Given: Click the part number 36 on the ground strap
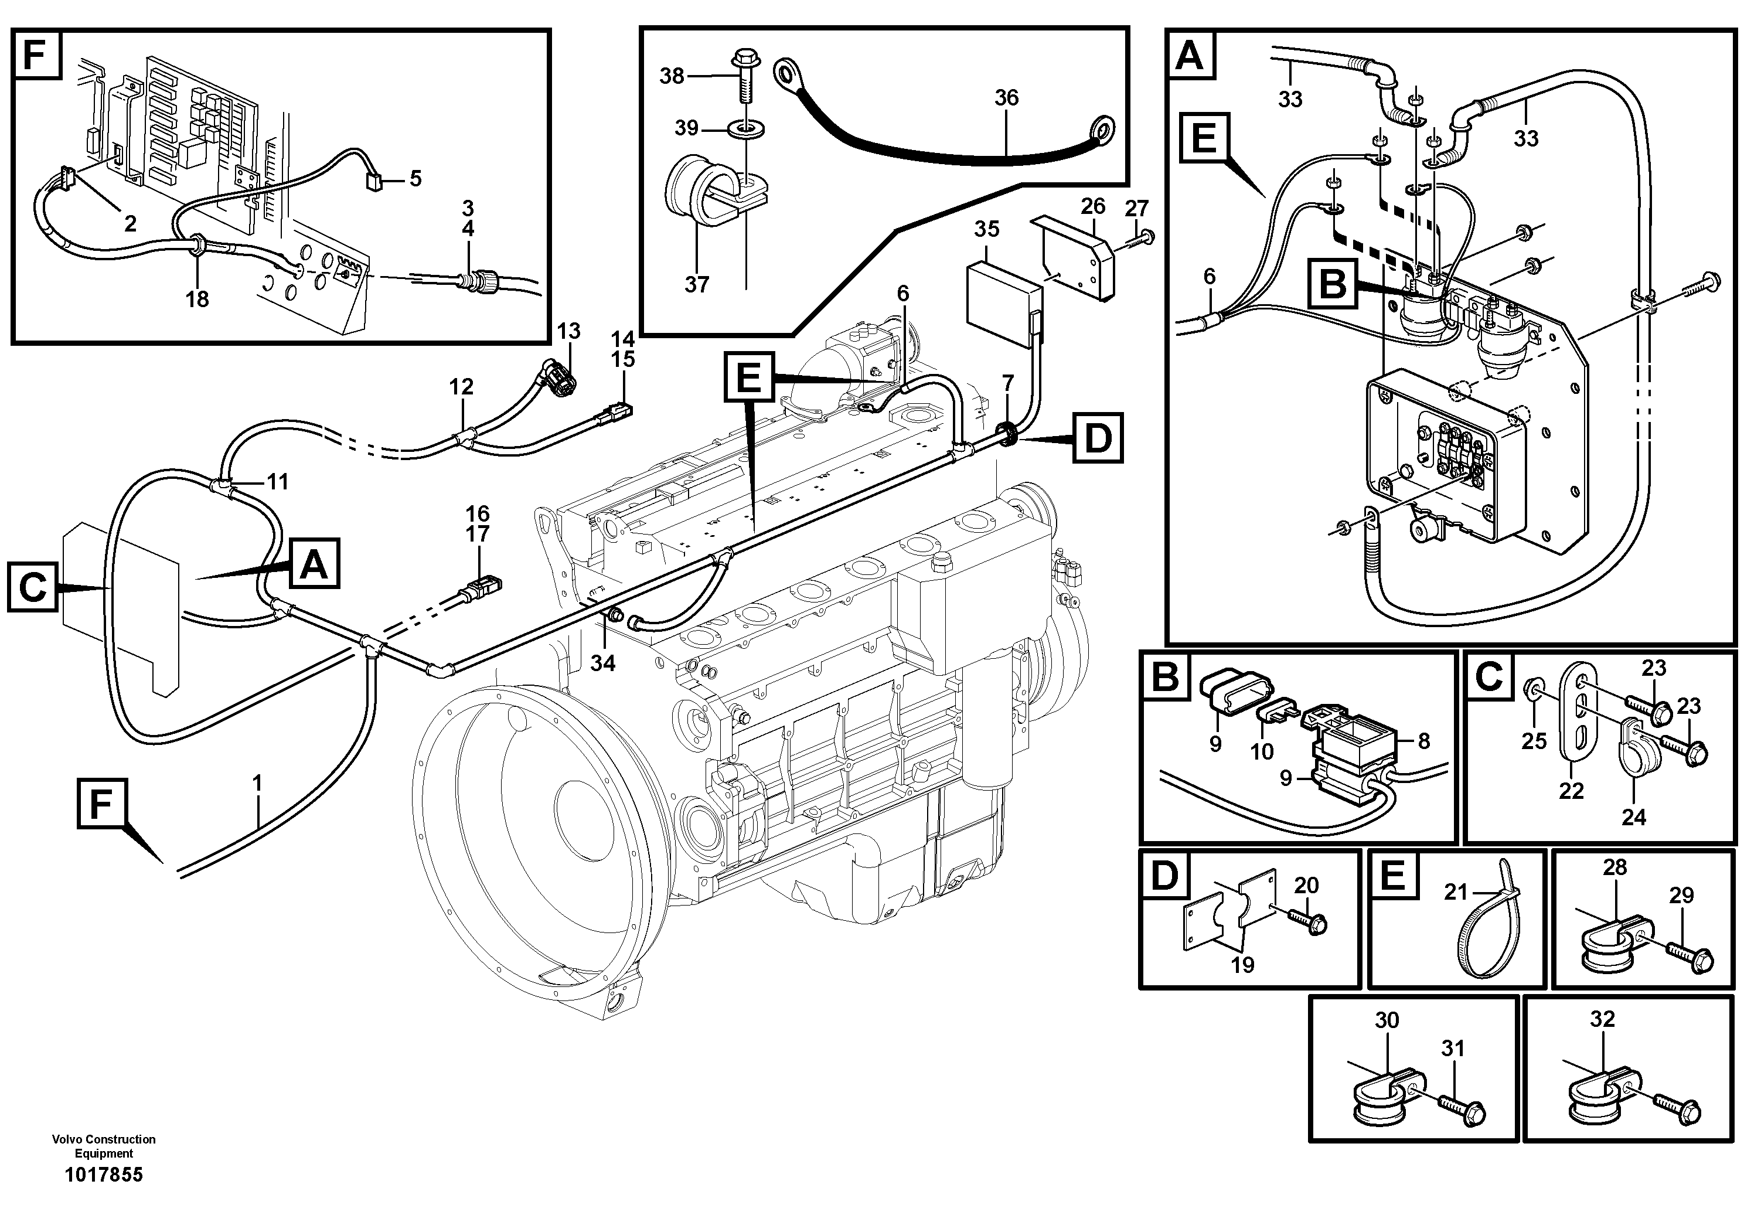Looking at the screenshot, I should pyautogui.click(x=1006, y=97).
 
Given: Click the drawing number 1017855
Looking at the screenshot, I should pyautogui.click(x=104, y=1175).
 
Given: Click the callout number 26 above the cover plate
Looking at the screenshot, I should pyautogui.click(x=1093, y=206).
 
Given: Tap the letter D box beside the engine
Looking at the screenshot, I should pyautogui.click(x=1098, y=438).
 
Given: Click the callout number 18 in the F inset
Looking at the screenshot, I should pyautogui.click(x=197, y=300).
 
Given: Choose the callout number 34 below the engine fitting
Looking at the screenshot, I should pyautogui.click(x=602, y=663).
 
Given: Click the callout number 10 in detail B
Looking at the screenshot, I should pyautogui.click(x=1262, y=752).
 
